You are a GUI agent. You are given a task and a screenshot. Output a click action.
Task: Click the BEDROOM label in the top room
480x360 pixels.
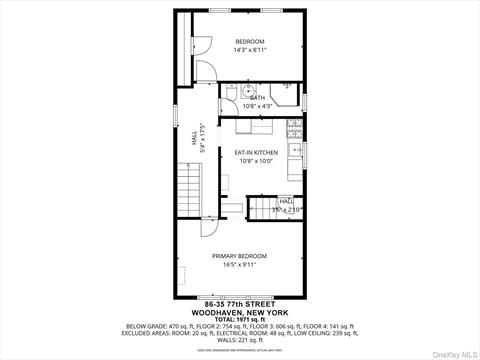pyautogui.click(x=250, y=41)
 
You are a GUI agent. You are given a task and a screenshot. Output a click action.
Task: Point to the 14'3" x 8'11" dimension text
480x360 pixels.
pyautogui.click(x=250, y=50)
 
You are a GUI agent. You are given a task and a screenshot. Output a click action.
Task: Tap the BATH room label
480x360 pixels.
pyautogui.click(x=258, y=97)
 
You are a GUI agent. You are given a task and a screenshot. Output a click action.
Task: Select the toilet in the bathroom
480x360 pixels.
pyautogui.click(x=226, y=92)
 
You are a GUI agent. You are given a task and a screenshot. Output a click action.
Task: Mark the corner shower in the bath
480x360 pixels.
pyautogui.click(x=290, y=91)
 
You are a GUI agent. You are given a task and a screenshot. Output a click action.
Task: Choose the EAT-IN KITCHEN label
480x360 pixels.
pyautogui.click(x=256, y=152)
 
